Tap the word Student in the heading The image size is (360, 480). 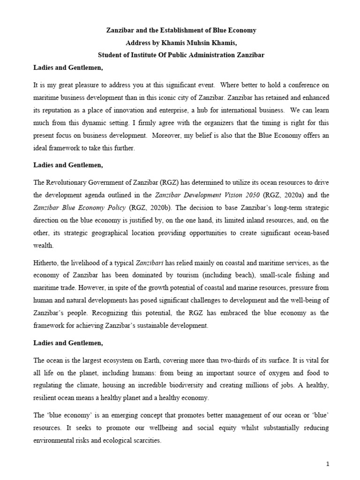(108, 55)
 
